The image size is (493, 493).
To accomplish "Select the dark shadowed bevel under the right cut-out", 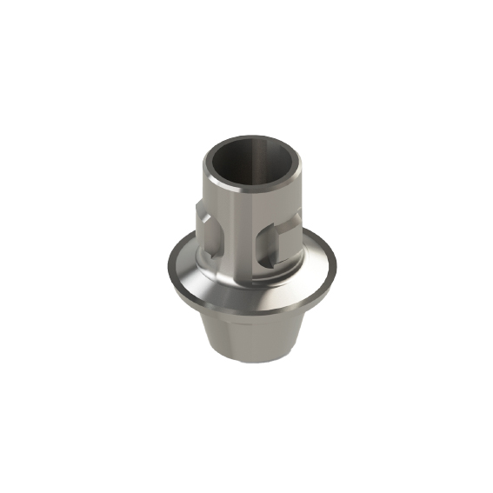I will tap(268, 260).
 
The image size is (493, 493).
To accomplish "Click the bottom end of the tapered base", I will tap(247, 363).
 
